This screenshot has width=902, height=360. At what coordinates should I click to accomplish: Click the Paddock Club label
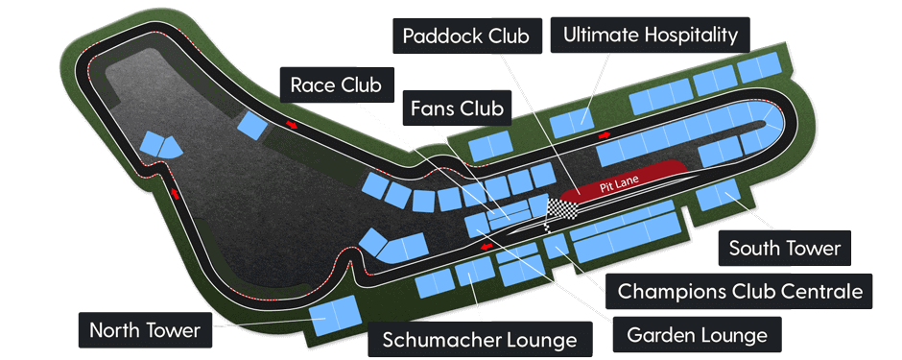(x=466, y=36)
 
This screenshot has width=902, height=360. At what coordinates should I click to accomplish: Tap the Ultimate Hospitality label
(x=651, y=36)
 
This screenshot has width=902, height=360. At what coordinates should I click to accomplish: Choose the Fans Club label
(x=457, y=108)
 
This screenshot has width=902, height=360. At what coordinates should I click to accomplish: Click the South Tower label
(x=784, y=249)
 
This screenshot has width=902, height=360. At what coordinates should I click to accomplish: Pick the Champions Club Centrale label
(x=740, y=290)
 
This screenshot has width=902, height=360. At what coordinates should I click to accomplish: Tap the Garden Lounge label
(x=697, y=335)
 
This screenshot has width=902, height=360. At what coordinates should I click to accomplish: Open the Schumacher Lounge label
(x=479, y=339)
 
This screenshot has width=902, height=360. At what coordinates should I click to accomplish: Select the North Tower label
(x=144, y=330)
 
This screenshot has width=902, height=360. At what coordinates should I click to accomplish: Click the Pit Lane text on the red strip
(x=620, y=180)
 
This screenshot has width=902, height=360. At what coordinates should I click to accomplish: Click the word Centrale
(x=819, y=290)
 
